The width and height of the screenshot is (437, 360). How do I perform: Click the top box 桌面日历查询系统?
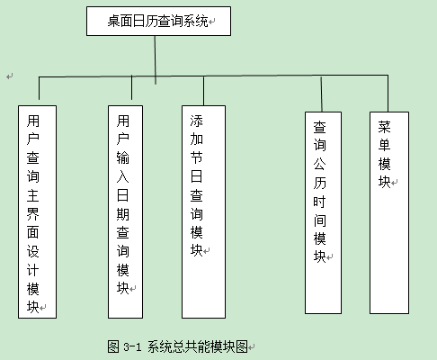coord(158,22)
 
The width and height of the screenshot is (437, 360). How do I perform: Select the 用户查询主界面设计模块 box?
coord(37,211)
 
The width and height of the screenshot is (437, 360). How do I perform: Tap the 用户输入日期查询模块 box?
coord(125,211)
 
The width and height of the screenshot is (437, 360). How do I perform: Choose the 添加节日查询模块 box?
coord(203,211)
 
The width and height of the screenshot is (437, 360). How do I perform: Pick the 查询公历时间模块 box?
coord(323,213)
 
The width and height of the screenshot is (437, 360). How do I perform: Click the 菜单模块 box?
coord(389,213)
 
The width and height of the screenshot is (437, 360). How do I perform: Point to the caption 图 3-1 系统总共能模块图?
coord(177,346)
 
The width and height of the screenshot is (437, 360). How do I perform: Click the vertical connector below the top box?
coord(156,60)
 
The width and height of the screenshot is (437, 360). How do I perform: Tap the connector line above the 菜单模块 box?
coord(388,94)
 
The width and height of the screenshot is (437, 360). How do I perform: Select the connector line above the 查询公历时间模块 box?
coord(321,94)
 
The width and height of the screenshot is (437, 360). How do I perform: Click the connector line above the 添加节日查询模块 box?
coord(203,91)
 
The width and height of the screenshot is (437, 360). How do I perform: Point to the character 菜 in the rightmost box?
coord(384,127)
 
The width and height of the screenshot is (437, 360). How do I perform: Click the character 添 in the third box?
coord(197,121)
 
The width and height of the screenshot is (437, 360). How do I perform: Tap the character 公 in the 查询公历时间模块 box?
coord(319,164)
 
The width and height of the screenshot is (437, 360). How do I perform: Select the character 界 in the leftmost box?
coord(33,213)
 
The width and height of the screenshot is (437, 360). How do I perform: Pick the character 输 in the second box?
coord(123,157)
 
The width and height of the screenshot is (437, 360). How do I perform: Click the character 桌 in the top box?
coord(114,22)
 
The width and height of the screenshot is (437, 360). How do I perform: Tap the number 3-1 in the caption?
coord(132,347)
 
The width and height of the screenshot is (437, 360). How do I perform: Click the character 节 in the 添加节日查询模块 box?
coord(197,157)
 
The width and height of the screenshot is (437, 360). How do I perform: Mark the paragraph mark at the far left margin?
coord(10,76)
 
